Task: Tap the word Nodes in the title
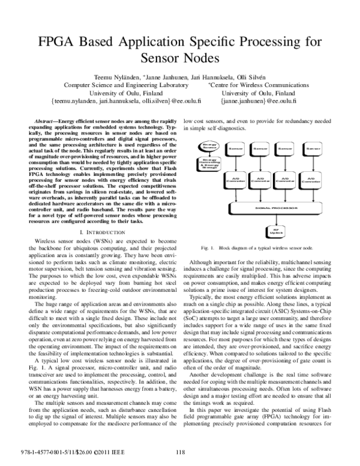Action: click(x=197, y=59)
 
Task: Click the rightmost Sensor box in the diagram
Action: click(x=312, y=147)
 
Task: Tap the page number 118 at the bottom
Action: click(x=179, y=452)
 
